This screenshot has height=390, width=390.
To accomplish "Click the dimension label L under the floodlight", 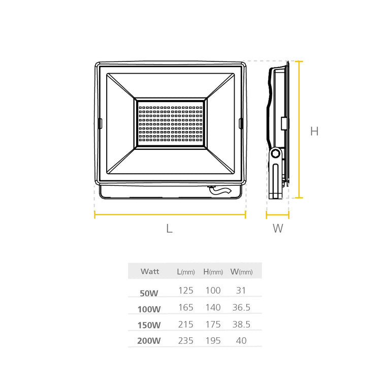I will [x=170, y=229].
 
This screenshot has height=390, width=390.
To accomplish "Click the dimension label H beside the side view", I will [x=314, y=131].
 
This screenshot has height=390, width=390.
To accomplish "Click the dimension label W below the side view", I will [x=278, y=229].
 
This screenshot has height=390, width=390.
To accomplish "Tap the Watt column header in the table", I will [x=150, y=272].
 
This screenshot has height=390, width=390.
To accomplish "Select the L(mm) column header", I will [x=185, y=272].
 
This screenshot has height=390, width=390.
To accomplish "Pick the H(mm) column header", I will [x=213, y=272].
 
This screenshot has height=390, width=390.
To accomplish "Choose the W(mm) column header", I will [x=241, y=272].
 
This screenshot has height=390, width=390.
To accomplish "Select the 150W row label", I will [x=149, y=326].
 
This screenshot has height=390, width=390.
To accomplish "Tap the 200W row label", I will [x=149, y=341].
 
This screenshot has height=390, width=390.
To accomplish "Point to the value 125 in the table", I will [x=186, y=290].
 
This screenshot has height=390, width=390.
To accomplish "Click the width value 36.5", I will [x=241, y=307].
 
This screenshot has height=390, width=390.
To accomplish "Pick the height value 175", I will [x=213, y=324].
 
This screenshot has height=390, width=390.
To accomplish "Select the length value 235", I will [x=186, y=341].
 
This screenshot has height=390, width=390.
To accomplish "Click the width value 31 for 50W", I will [x=241, y=290].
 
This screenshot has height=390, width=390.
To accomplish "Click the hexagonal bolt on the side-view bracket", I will [x=276, y=153].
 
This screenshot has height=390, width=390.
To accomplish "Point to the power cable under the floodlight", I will [x=219, y=190].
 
